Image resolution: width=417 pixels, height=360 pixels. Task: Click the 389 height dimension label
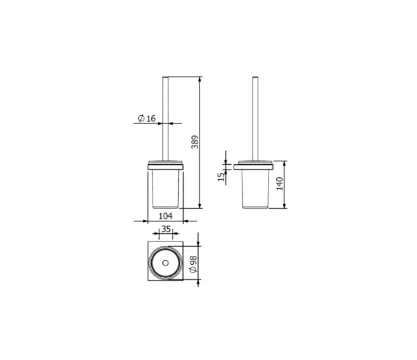point(195,142)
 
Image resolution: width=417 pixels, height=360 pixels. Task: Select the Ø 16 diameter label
point(146,118)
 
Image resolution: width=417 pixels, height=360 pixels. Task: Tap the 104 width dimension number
point(166,216)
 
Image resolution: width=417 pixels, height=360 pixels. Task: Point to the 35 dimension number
point(166,229)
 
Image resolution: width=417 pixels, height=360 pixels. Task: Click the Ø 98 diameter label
point(193,264)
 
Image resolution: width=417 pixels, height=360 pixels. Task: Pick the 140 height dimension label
point(280,184)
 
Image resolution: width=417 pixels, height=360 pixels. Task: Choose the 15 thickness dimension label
point(221,177)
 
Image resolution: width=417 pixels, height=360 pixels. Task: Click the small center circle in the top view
point(166,263)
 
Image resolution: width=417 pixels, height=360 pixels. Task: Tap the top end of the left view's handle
point(166,77)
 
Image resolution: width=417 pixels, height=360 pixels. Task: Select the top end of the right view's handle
point(255,77)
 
